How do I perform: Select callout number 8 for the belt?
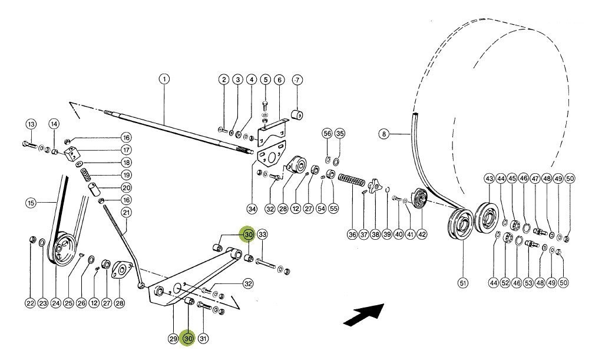click(384, 134)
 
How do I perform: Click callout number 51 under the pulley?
click(462, 283)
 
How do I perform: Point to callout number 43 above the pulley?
click(489, 178)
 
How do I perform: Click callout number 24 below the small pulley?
click(55, 303)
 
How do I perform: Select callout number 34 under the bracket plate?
click(252, 208)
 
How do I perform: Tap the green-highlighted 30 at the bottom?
click(188, 339)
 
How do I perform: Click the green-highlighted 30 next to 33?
click(247, 235)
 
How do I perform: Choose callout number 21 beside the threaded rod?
click(125, 212)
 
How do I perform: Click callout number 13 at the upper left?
click(31, 124)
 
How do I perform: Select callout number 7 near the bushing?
click(296, 79)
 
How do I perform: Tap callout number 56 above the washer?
click(328, 134)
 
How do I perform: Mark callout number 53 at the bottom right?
click(528, 283)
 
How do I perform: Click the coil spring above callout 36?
click(352, 180)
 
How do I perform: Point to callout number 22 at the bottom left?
click(30, 303)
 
